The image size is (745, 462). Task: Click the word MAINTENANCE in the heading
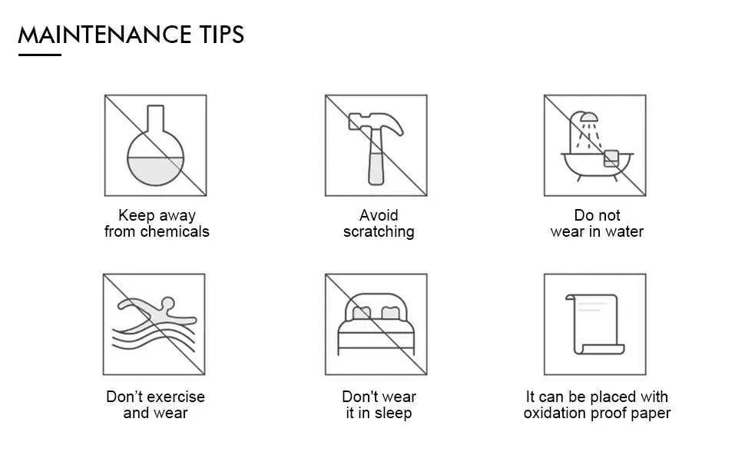tap(104, 35)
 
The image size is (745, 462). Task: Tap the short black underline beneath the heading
tap(40, 55)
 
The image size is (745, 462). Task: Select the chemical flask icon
tap(155, 145)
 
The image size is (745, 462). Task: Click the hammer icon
tap(376, 148)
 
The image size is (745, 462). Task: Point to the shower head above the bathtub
tap(588, 117)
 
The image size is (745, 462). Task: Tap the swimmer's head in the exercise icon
tap(167, 303)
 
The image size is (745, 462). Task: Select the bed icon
tap(376, 324)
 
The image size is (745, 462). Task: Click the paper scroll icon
tap(595, 324)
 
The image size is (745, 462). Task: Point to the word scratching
tap(379, 232)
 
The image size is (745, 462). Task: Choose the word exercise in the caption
tap(176, 397)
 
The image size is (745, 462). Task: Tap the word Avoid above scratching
tap(379, 215)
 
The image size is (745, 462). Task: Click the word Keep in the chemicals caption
tap(136, 216)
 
